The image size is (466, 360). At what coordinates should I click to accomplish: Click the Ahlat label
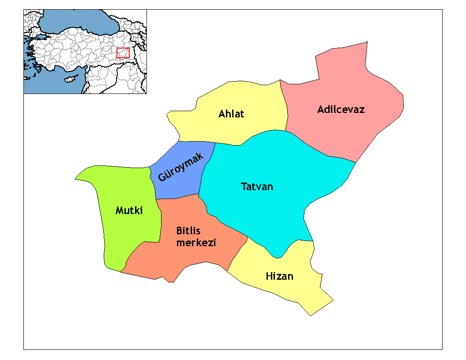pos(231,114)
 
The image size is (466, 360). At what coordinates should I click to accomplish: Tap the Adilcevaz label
pos(341,109)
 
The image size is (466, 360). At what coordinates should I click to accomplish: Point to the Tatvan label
pos(257,187)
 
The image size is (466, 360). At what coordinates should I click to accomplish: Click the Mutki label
pos(129,210)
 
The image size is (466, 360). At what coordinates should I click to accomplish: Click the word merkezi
pos(196,243)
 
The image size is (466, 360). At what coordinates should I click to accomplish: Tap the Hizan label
pos(279,277)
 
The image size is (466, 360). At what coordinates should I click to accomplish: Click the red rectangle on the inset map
pos(123,53)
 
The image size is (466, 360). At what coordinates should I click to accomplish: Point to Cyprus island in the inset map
pos(70,79)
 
